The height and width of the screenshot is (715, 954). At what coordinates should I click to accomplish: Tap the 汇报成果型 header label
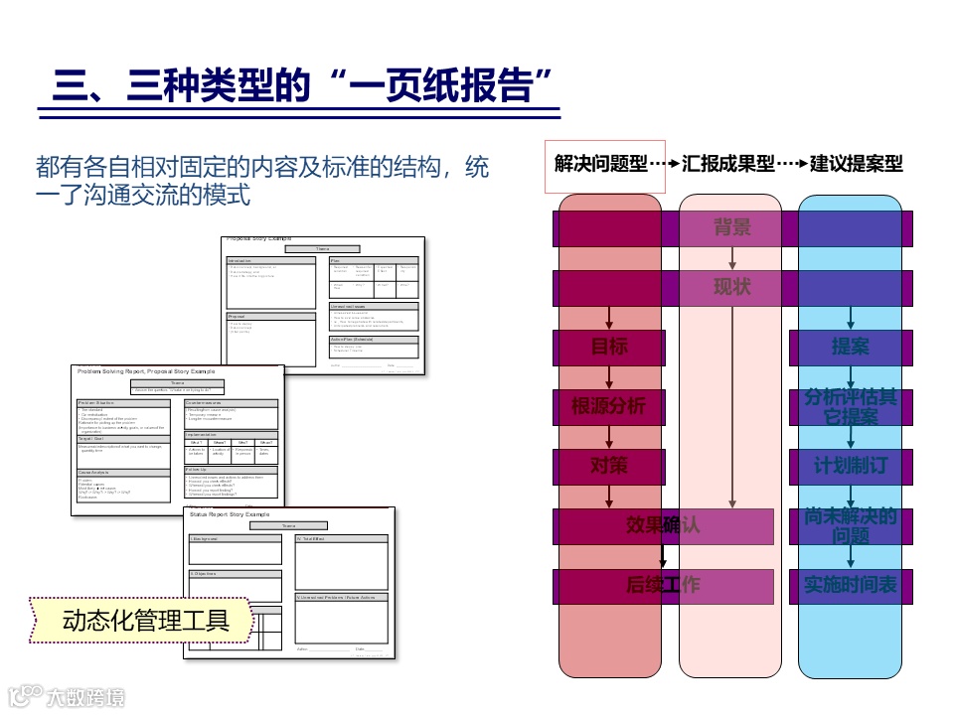[x=728, y=164]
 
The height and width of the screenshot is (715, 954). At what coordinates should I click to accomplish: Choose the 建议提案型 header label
[x=856, y=164]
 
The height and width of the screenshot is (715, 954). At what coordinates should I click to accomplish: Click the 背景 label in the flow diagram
[x=732, y=227]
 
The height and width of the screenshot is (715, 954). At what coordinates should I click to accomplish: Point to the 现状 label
[x=732, y=287]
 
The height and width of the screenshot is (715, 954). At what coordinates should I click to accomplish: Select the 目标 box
[x=609, y=348]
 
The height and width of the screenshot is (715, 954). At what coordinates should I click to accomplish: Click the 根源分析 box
[x=609, y=406]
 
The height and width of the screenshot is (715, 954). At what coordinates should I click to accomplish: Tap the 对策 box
[x=609, y=466]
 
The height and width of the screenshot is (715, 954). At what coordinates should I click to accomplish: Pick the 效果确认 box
[x=663, y=525]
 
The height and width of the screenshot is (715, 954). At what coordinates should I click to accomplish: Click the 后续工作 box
[x=663, y=586]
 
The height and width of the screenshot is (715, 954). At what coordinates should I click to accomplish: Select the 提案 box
[x=851, y=348]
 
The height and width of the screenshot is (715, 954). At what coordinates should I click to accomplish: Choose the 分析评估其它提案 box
[x=851, y=407]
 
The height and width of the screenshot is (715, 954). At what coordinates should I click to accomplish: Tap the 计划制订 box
[x=851, y=466]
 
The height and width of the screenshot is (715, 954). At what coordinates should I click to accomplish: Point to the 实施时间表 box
[x=851, y=586]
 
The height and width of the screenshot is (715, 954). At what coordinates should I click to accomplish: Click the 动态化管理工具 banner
[x=145, y=621]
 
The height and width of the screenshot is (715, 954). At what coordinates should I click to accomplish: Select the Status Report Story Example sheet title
[x=230, y=514]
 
